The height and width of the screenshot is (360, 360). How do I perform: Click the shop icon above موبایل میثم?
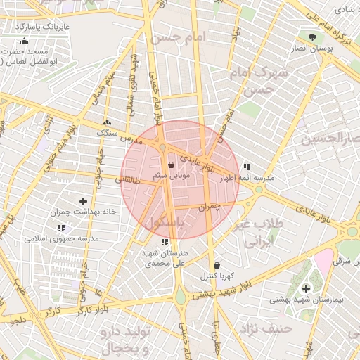click(x=172, y=165)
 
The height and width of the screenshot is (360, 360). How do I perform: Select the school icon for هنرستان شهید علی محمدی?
click(x=164, y=243)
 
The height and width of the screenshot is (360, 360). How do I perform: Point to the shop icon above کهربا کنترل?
click(x=216, y=265)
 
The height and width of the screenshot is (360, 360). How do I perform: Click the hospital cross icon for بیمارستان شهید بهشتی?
click(x=306, y=288)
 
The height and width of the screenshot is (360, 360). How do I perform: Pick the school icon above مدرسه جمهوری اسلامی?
click(x=61, y=229)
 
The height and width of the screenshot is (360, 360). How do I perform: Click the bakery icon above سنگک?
click(x=107, y=122)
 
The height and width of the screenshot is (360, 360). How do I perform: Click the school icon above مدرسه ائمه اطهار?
click(x=247, y=167)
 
